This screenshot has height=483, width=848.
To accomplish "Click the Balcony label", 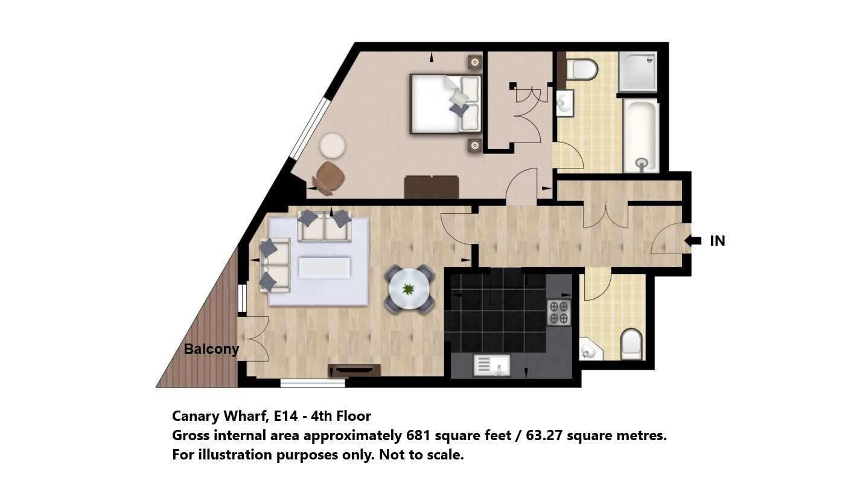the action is pos(211,349).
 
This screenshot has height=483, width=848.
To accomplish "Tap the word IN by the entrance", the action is pos(718,241).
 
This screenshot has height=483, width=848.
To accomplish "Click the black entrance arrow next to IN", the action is pos(693,240).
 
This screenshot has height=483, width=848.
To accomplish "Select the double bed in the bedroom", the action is pos(446,104).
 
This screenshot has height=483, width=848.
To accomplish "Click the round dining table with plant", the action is pos(409,289).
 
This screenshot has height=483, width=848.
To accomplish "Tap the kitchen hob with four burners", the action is pos(559,312).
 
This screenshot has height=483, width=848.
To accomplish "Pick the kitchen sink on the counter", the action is pos(492,365).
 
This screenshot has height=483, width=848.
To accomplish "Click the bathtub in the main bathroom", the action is pos(641,136).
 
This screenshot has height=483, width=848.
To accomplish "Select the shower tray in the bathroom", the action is pos(638,72).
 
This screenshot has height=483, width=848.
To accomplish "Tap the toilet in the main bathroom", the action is pos(582,69).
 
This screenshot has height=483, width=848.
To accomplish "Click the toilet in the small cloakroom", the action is pos(631,344).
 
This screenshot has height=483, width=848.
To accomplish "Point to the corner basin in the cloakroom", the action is pos(588,350).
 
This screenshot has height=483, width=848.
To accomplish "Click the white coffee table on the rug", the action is pos(324,267).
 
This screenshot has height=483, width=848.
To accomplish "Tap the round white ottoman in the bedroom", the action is pos(333,146).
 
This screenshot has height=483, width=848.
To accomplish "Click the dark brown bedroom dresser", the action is pos(432,187).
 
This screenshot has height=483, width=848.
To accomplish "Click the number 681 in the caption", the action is pos(418,436).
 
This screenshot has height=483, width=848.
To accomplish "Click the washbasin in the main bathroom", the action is pos(565,102).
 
